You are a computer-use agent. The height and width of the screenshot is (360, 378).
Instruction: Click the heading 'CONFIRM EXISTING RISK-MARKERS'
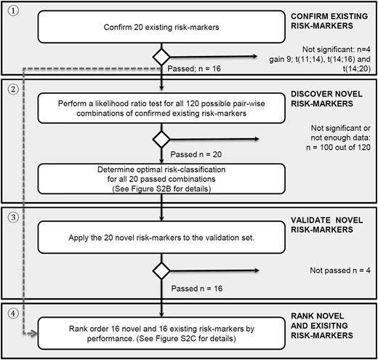320,21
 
